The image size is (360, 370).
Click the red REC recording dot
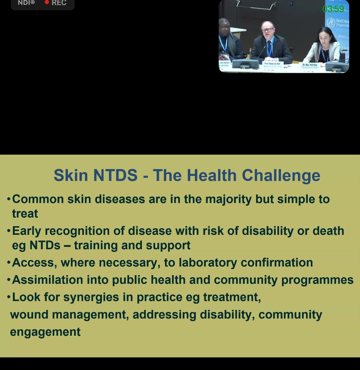(47, 2)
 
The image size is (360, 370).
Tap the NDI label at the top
(26, 2)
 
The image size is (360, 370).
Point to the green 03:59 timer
(333, 9)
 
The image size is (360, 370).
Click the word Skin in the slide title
(71, 175)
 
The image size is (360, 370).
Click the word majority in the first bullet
(229, 199)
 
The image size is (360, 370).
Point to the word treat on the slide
(25, 213)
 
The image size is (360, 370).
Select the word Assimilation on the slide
(47, 280)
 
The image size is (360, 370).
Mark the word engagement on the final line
(45, 332)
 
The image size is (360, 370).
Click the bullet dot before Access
(9, 263)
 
